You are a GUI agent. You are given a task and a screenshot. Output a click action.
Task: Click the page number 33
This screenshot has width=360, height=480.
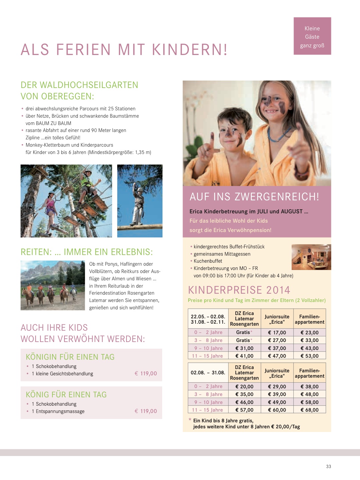click(328, 466)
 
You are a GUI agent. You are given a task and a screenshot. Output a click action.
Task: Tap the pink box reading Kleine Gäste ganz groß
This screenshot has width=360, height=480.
click(312, 36)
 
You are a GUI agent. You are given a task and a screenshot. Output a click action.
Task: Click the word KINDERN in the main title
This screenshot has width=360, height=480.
click(190, 50)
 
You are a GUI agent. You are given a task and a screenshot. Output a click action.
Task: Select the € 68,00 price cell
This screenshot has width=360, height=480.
click(309, 410)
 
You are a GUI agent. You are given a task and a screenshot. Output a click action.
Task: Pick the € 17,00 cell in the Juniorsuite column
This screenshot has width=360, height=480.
click(277, 332)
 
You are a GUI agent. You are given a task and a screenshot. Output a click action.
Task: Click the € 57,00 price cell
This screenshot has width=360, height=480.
click(244, 410)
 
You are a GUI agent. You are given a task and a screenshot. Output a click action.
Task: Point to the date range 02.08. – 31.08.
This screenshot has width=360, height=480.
click(208, 373)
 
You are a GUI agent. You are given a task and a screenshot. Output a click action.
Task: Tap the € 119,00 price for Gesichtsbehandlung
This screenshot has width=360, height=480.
click(145, 374)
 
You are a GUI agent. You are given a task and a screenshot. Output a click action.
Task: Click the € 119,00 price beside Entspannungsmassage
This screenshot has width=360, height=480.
click(145, 411)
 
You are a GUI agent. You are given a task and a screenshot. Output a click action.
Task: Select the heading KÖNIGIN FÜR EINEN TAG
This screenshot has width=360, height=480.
click(70, 357)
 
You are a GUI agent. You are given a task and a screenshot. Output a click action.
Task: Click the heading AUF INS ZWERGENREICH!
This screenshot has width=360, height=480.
click(254, 197)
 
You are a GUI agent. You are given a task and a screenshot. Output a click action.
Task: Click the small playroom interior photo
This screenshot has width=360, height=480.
click(311, 257)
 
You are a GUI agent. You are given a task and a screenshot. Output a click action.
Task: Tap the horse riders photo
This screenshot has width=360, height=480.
click(53, 285)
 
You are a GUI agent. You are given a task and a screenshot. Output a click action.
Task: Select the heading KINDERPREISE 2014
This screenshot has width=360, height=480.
click(239, 290)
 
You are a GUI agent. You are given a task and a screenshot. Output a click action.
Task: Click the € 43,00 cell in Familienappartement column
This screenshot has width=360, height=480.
click(309, 348)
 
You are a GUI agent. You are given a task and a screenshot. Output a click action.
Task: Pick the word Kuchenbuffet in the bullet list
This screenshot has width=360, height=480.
click(208, 261)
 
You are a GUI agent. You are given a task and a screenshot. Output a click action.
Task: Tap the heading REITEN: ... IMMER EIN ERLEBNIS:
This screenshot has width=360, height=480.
click(87, 252)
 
